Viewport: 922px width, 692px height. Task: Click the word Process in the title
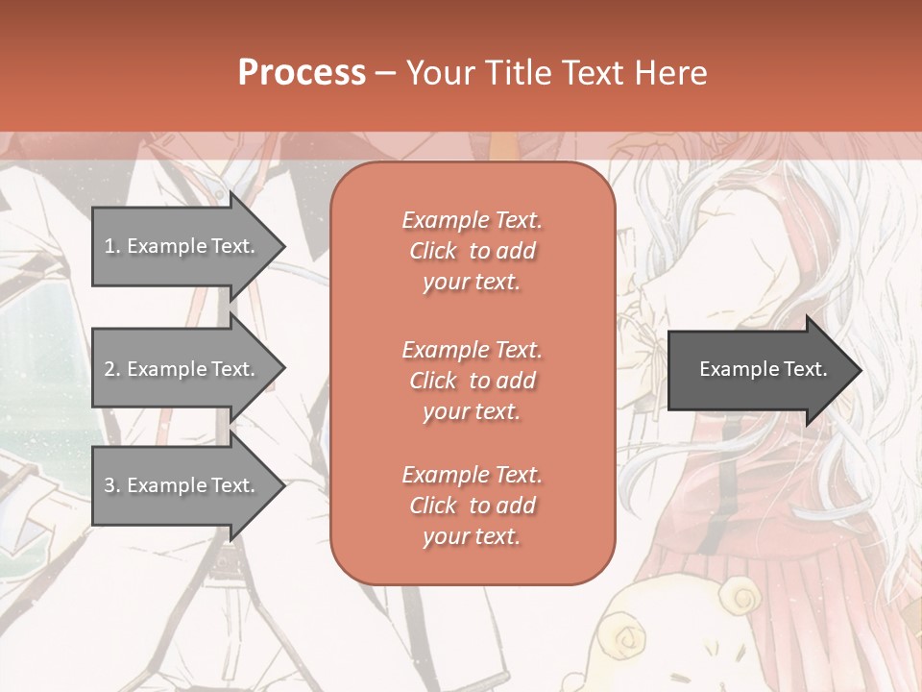coord(302,73)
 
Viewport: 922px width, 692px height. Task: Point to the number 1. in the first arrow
coord(111,246)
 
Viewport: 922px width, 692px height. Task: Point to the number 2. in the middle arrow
coord(111,369)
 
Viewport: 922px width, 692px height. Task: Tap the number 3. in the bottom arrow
coord(111,485)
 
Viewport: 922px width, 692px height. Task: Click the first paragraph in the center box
coord(472,251)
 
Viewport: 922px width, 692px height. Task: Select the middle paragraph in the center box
coord(472,381)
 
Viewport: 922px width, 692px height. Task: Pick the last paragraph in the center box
coord(472,506)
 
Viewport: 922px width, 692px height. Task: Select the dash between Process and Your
coord(385,73)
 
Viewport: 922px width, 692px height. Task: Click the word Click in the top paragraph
coord(433,251)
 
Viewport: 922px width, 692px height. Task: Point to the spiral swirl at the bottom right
coord(741,600)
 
